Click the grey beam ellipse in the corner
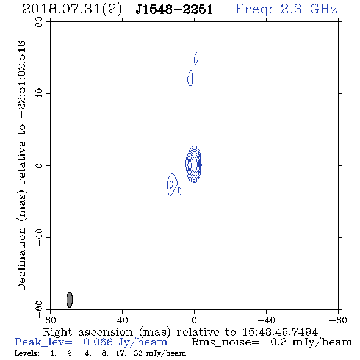pos(70,300)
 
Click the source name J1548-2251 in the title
pos(174,10)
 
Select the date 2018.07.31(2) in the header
pos(72,10)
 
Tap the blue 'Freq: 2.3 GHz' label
pos(286,9)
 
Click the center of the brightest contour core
pos(194,164)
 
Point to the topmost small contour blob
pos(196,58)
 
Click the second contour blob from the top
pos(190,78)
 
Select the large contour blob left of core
pos(172,184)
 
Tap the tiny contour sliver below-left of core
pos(180,191)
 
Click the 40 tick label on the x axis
pos(122,320)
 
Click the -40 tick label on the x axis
pos(266,320)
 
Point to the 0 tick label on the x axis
pos(194,320)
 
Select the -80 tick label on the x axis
pos(338,320)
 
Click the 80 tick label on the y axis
pos(39,22)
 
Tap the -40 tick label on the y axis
pos(39,237)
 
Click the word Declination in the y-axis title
pos(21,259)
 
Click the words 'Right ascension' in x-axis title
pos(88,332)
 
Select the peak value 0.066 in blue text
pos(98,342)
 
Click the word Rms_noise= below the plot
pos(225,342)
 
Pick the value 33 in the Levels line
pos(138,353)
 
